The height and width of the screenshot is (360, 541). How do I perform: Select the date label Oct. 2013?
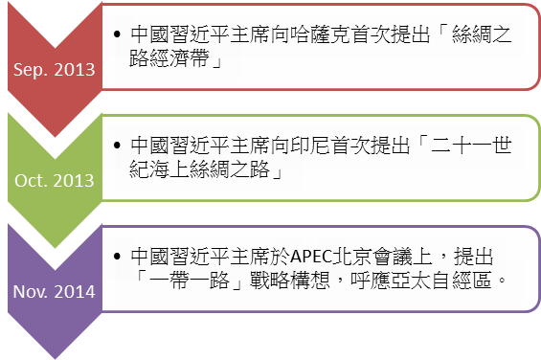(x=54, y=179)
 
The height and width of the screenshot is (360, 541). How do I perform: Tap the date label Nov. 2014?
(x=54, y=291)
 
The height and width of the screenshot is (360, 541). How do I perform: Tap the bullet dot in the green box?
(x=117, y=146)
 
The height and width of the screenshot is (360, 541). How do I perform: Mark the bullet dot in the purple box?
(x=117, y=257)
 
